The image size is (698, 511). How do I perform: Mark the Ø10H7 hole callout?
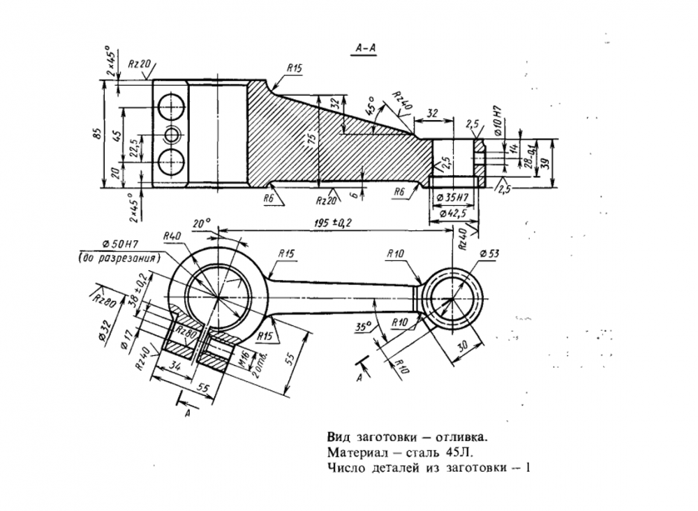pyautogui.click(x=498, y=118)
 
